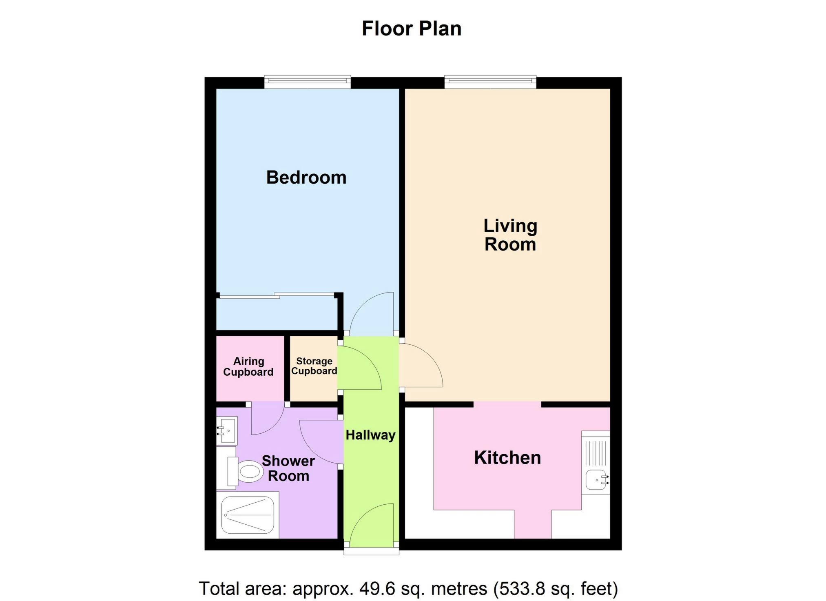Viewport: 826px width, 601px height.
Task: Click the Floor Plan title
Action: coord(412,29)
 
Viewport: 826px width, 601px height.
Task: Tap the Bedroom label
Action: coord(306,177)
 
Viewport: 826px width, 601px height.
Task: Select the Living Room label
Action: coord(510,235)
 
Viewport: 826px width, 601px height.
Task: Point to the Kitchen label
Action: coord(507,458)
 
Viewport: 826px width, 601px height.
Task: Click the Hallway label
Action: coord(370,435)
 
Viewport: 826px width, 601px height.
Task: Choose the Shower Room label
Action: coord(288,468)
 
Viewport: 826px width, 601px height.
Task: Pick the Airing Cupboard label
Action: coord(248,366)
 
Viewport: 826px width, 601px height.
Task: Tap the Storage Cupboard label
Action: coord(314,366)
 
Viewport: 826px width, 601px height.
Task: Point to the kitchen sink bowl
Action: coord(596,480)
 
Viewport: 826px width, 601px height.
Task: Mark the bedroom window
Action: coord(308,82)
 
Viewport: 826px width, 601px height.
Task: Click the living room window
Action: coord(490,82)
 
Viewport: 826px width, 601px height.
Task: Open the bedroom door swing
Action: coord(371,314)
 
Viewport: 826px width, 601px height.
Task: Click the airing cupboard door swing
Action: coord(267,418)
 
